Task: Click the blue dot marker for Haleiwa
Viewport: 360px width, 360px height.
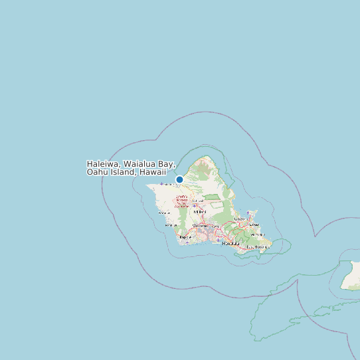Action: tap(179, 179)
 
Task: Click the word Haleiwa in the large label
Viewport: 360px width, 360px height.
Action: tap(104, 163)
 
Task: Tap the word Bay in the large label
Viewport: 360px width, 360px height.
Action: tap(166, 163)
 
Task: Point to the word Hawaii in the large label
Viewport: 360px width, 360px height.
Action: tap(152, 172)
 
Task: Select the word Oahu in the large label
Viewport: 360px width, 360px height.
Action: tap(98, 172)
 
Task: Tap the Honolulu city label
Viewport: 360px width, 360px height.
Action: tap(230, 243)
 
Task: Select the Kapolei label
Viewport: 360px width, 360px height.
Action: tap(186, 236)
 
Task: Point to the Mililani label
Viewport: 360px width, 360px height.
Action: tap(200, 212)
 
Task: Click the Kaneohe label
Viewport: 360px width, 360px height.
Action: tap(240, 219)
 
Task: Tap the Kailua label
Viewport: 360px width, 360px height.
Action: tap(253, 225)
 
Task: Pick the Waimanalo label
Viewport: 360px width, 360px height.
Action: tap(258, 234)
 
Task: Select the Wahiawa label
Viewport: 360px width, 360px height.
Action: tap(197, 200)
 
